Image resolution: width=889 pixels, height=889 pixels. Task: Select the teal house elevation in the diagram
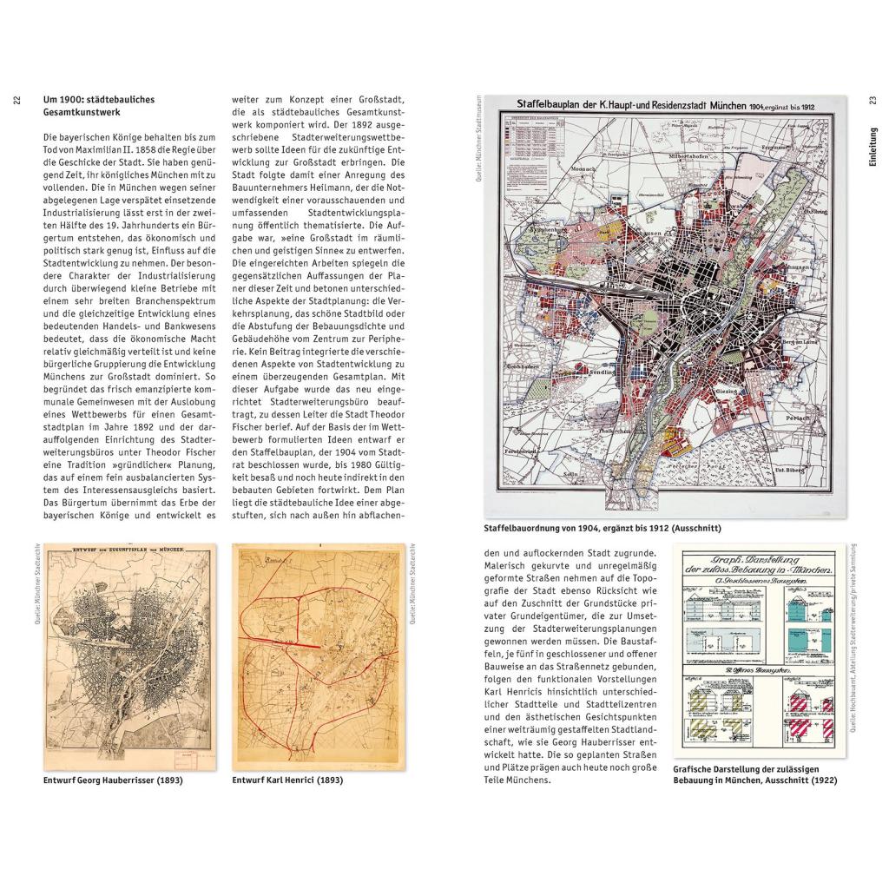785,637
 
